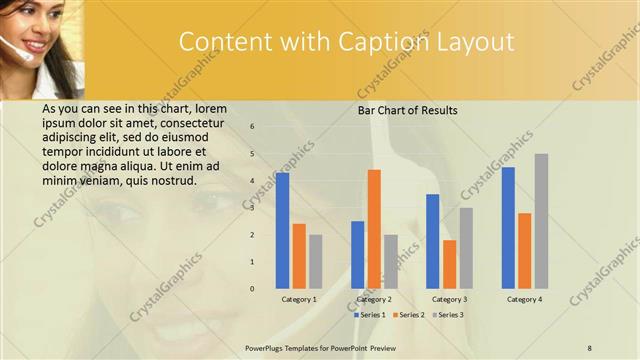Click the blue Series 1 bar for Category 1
[283, 230]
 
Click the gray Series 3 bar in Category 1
[315, 261]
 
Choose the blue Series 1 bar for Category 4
[508, 227]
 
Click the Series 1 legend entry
[371, 315]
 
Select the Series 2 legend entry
[410, 315]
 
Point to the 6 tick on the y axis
[253, 127]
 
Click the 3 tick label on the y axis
[253, 208]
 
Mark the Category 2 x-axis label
[374, 299]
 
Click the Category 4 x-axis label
[524, 299]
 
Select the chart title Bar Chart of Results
[408, 110]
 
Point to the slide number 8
[590, 347]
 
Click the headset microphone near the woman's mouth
[11, 44]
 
